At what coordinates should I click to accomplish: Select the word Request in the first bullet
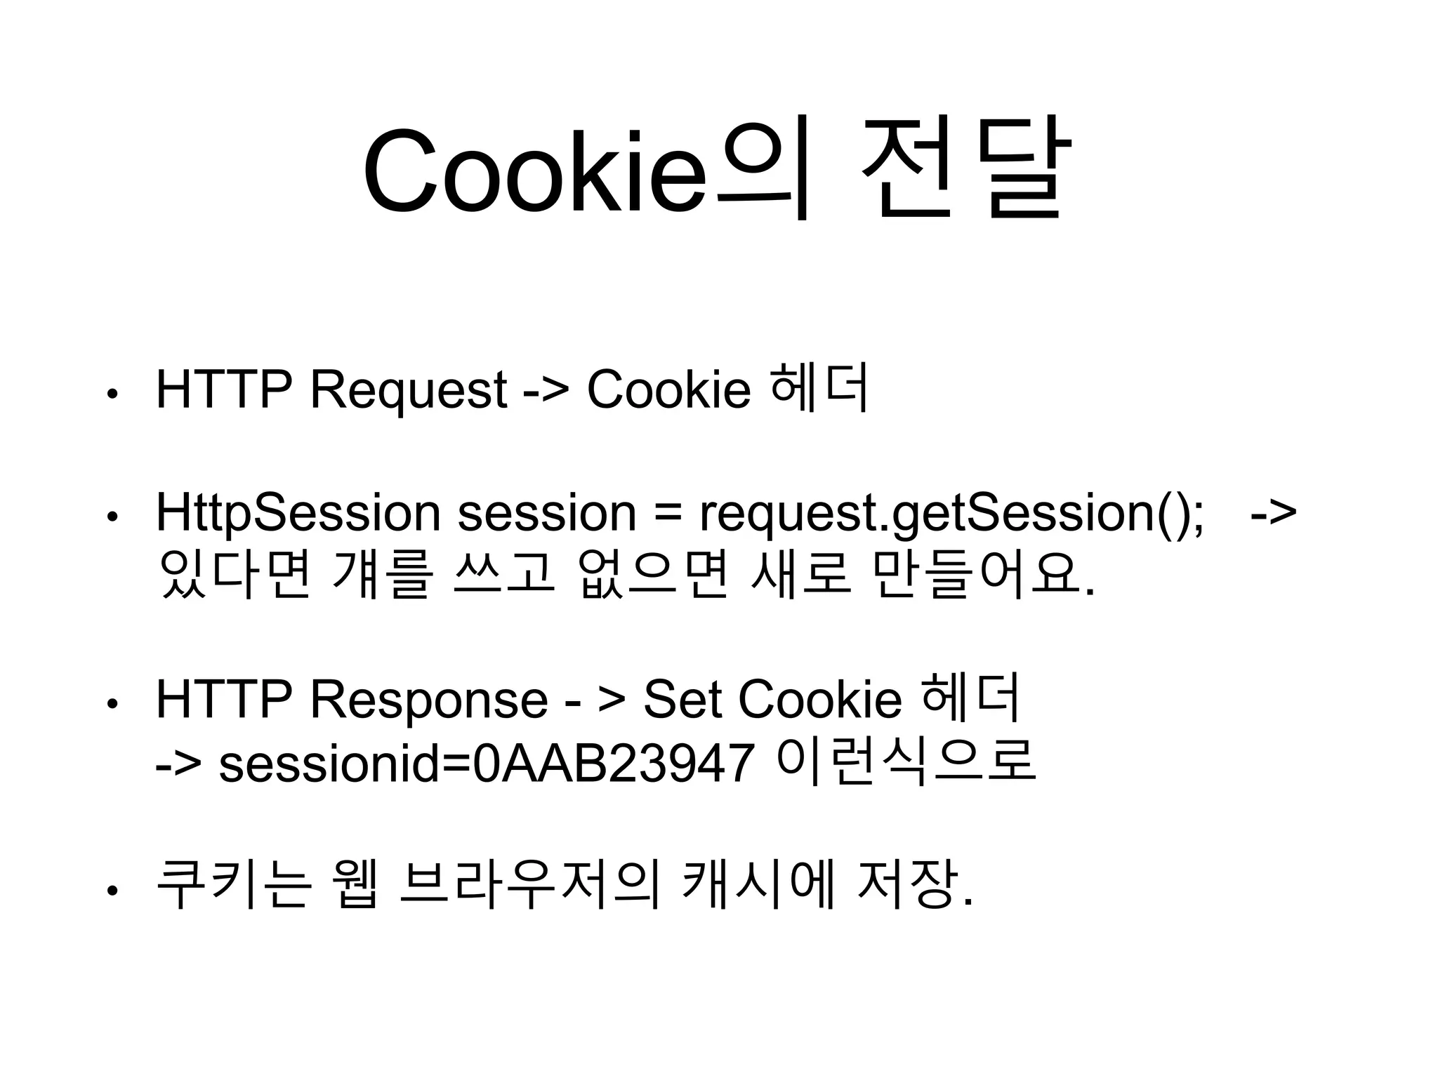(408, 390)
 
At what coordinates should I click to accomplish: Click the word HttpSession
(298, 514)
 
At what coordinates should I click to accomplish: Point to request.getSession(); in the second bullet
(951, 514)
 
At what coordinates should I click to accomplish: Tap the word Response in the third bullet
(429, 700)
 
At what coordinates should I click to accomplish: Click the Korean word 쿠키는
(232, 886)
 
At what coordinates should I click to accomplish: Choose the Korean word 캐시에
(759, 886)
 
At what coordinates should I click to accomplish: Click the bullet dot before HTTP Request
(111, 394)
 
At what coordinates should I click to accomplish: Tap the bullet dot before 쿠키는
(111, 891)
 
